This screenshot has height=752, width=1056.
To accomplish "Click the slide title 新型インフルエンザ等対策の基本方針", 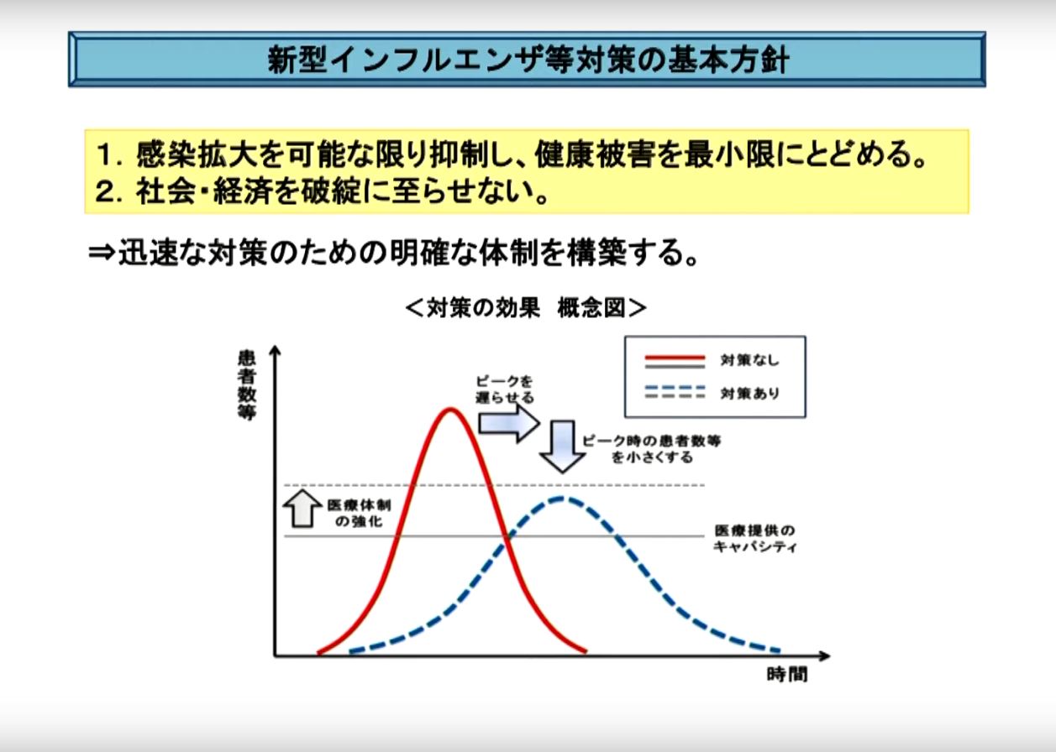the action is point(528,60).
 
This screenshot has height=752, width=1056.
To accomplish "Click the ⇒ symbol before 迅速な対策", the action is point(102,253).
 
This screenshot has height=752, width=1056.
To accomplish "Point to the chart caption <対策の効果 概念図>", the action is point(526,308).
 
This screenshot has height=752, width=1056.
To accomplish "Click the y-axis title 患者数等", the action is point(247,385).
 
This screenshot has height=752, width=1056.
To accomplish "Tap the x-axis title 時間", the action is point(787,675).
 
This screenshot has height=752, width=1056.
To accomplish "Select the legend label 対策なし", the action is point(749,360).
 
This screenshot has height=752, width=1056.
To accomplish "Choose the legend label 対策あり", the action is point(749,393).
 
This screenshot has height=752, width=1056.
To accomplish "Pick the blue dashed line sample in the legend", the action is point(675,389).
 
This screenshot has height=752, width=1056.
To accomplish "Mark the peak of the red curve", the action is point(450,410).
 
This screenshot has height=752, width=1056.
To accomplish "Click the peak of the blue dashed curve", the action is point(561,499).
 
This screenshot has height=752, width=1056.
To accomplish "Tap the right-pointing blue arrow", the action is point(509,423).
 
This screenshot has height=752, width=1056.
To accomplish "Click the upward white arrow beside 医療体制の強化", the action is point(302,509).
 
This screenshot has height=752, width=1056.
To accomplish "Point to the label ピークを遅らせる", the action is point(504,389).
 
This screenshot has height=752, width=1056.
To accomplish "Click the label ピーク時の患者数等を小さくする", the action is point(652,449).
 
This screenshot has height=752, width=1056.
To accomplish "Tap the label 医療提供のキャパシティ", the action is point(754,539).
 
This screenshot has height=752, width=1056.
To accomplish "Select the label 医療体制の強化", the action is point(360,514).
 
